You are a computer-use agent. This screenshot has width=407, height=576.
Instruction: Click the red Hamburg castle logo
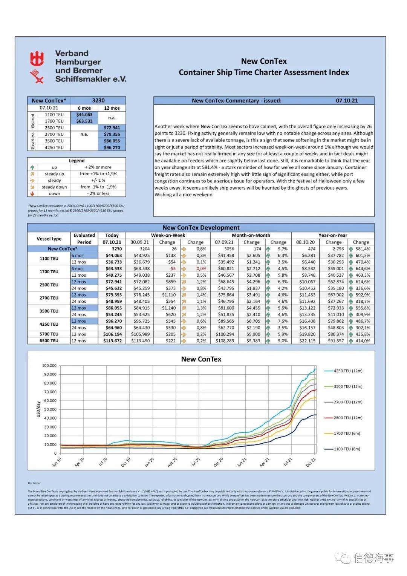click(37, 59)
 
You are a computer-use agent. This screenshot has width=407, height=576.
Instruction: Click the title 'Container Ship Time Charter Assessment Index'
click(264, 72)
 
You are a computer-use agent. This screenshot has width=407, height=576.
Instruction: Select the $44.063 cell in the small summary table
click(84, 115)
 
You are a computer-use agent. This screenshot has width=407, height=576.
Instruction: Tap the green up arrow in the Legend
click(32, 167)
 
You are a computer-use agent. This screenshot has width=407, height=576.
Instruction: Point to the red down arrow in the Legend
click(32, 193)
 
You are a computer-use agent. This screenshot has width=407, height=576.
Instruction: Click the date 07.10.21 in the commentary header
click(347, 101)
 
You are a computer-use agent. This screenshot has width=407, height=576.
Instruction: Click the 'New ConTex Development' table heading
click(201, 228)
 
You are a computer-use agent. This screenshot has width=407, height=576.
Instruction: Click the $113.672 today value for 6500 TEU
click(112, 341)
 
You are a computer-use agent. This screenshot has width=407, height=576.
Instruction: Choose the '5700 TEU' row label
click(49, 334)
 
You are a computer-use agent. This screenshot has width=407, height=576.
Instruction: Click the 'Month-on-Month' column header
click(251, 235)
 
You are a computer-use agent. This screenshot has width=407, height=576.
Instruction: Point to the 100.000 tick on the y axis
click(49, 366)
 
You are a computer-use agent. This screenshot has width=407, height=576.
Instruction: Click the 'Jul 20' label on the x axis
click(196, 462)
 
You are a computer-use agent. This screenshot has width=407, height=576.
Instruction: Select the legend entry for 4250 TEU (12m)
click(347, 371)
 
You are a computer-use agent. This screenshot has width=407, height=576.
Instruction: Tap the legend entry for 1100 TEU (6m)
click(347, 449)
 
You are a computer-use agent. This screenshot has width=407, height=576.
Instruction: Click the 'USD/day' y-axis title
click(38, 409)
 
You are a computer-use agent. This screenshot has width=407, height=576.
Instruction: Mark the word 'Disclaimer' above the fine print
click(34, 483)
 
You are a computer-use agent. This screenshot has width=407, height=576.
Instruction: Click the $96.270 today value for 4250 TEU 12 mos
click(112, 321)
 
